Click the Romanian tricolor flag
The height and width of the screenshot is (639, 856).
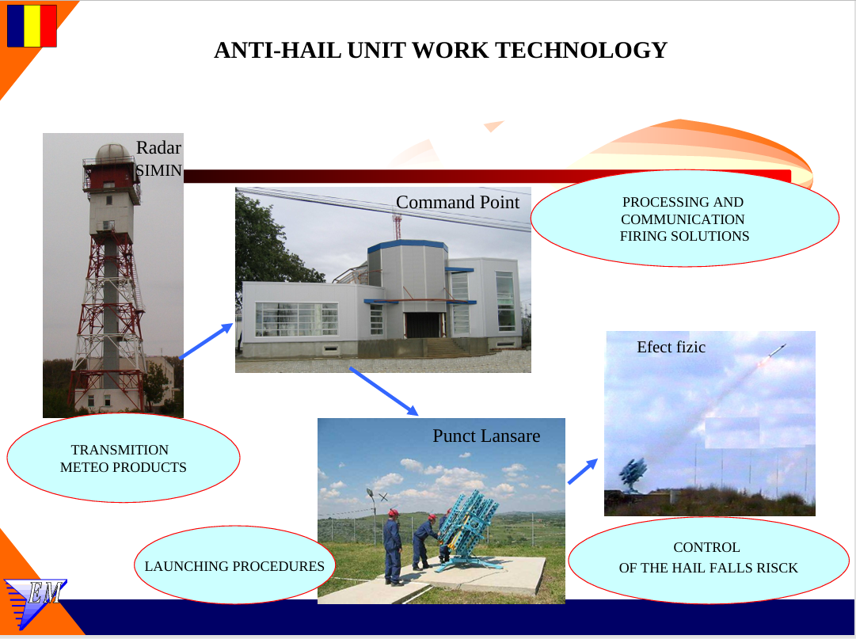[32, 25]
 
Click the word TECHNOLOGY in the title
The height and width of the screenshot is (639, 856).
[581, 50]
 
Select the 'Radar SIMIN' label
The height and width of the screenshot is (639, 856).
[158, 159]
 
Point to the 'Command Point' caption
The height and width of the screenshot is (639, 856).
[458, 202]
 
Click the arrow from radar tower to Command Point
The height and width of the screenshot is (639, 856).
[206, 341]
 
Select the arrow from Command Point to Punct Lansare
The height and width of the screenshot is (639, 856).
[384, 391]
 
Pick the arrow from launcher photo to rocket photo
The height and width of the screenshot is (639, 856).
[583, 471]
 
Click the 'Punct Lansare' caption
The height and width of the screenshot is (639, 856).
[486, 436]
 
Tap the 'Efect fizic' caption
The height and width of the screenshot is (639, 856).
[671, 347]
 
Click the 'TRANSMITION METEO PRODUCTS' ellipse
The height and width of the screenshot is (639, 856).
[124, 458]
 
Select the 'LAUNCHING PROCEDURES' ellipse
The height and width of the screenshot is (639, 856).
[234, 565]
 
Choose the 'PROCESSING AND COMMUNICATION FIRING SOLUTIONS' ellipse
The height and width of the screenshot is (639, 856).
[685, 219]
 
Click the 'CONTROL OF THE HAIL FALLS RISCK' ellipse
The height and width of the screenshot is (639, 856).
[709, 560]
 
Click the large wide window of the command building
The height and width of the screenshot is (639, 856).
[296, 318]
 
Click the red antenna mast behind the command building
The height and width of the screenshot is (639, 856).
[397, 226]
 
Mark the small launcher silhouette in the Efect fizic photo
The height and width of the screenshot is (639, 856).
[633, 474]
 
